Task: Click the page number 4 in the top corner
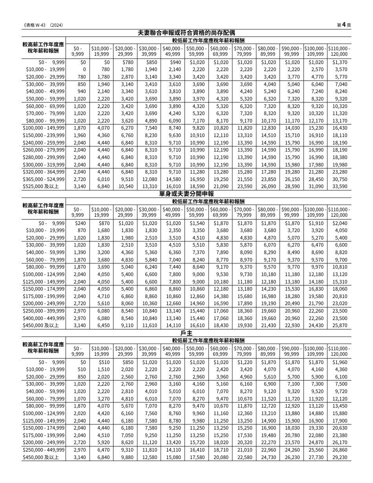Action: click(x=344, y=25)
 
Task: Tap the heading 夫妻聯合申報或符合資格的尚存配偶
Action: click(x=186, y=33)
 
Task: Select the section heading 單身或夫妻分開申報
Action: click(x=186, y=194)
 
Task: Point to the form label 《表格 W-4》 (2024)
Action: click(x=43, y=25)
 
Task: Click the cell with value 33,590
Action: click(x=340, y=187)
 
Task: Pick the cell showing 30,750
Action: click(x=340, y=179)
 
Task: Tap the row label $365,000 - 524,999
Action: click(x=44, y=179)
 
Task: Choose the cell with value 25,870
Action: click(x=340, y=326)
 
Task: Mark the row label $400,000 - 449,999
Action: click(x=44, y=318)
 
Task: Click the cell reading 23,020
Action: click(x=340, y=304)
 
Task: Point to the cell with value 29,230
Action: click(x=340, y=457)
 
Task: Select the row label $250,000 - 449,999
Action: click(x=44, y=450)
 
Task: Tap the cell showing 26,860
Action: click(x=340, y=450)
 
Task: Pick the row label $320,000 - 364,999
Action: click(x=44, y=172)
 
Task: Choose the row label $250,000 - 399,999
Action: click(x=44, y=311)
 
